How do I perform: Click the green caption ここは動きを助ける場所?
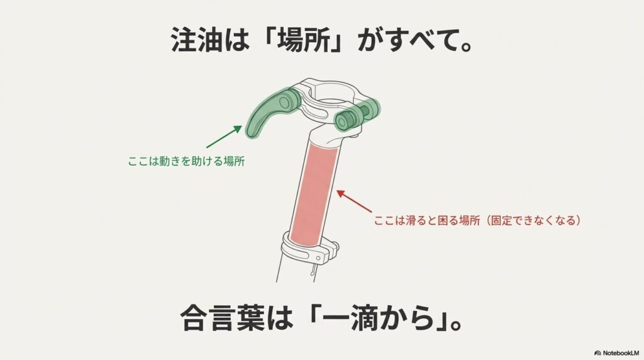point(186,162)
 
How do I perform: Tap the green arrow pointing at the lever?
point(223,136)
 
